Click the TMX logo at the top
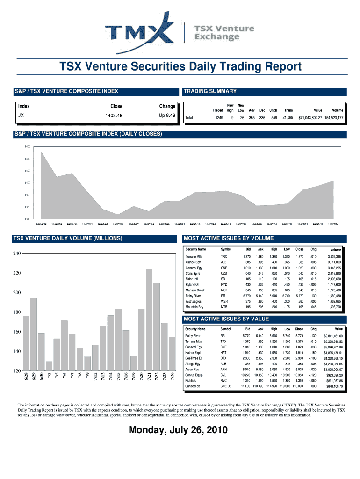click(x=136, y=31)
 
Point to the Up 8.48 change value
click(x=167, y=115)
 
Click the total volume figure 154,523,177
click(x=334, y=118)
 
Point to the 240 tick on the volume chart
click(x=16, y=254)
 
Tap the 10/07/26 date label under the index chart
click(x=333, y=224)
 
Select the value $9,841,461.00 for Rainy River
click(x=333, y=336)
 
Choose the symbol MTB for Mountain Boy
click(x=224, y=307)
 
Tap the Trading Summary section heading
click(x=210, y=91)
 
